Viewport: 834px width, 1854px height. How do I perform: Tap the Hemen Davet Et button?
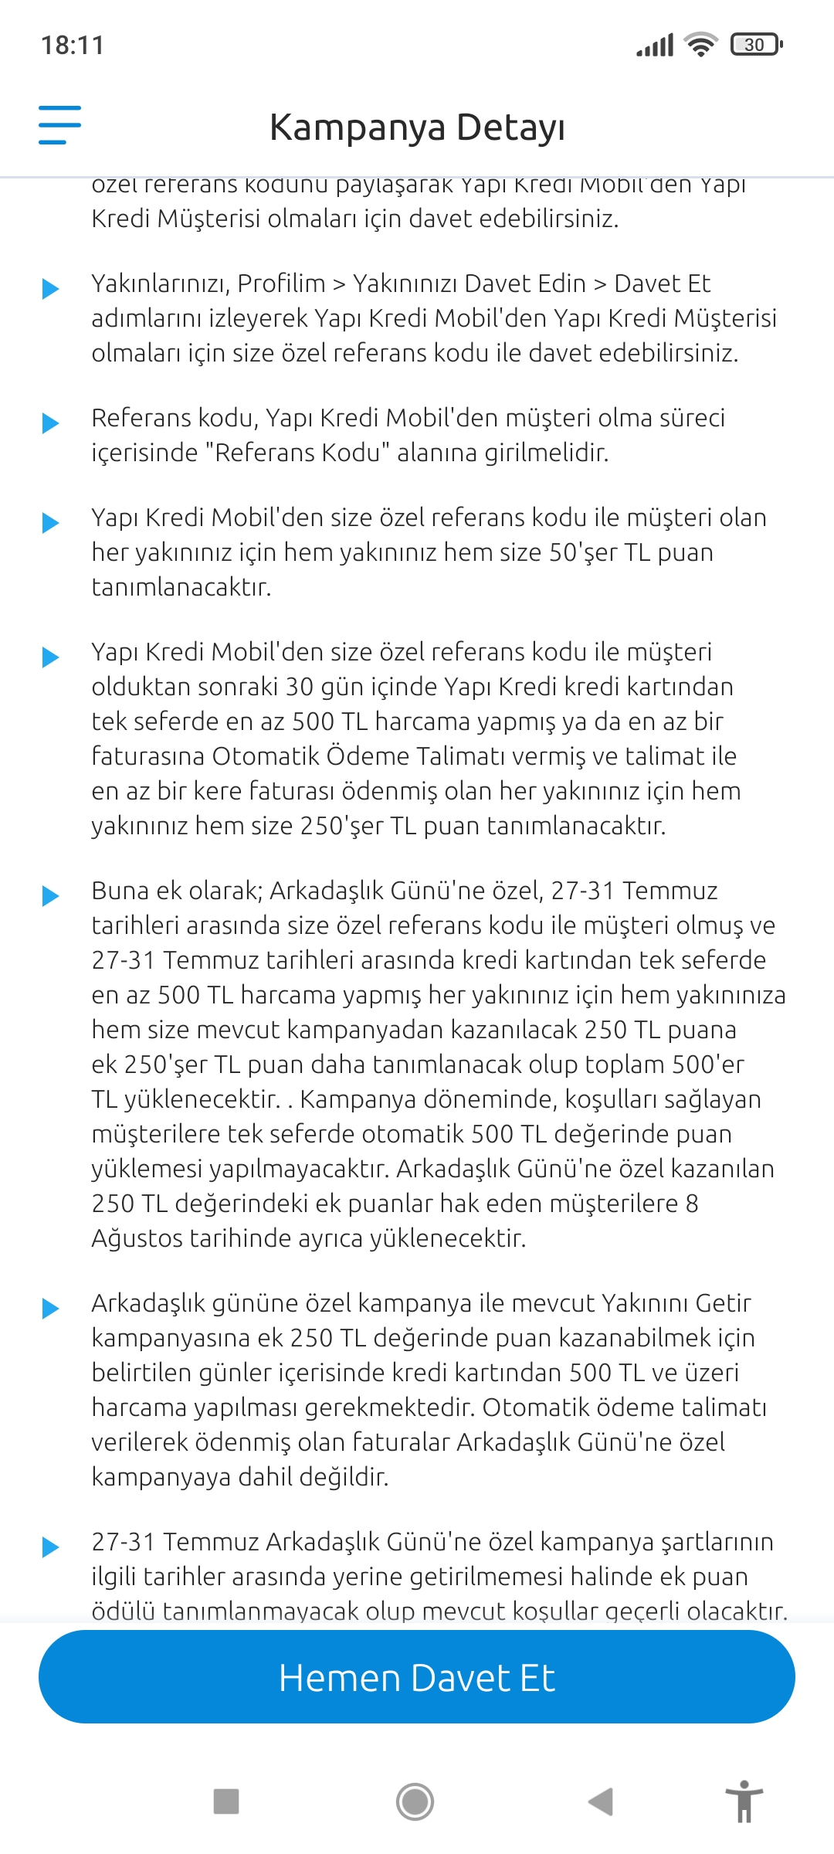[417, 1677]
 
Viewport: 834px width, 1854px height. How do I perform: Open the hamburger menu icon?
[59, 125]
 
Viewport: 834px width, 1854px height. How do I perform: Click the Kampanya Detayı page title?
[417, 127]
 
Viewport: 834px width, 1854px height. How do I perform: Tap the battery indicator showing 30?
[756, 45]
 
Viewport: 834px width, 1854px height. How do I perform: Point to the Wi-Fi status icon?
[701, 45]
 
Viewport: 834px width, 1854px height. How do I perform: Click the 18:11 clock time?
[72, 46]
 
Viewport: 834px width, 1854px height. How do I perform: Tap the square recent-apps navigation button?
[226, 1801]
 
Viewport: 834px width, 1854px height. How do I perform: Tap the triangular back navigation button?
[601, 1801]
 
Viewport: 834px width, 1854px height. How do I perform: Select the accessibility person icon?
[744, 1801]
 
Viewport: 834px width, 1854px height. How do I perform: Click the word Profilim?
[281, 284]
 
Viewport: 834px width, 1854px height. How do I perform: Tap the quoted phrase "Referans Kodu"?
[297, 453]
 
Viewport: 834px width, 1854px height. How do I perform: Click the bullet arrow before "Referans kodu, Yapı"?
[50, 423]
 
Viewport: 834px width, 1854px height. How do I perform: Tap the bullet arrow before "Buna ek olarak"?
[50, 895]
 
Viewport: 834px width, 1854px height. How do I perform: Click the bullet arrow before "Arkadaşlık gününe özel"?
[50, 1308]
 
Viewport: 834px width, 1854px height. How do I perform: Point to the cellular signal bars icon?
[655, 45]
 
